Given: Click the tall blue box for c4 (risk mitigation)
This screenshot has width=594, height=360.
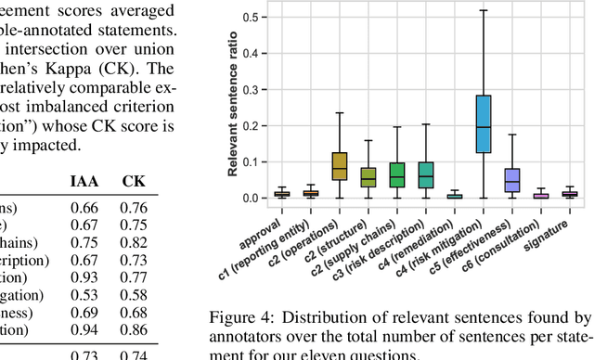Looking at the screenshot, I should pos(483,123).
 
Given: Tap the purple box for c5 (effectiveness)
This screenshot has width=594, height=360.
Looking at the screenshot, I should pos(511,180).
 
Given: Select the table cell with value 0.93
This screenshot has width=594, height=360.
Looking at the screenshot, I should pos(84,276).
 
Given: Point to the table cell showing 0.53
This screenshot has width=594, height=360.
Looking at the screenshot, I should pos(84,294).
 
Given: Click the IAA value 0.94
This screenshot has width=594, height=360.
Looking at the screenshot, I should pos(84,328).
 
